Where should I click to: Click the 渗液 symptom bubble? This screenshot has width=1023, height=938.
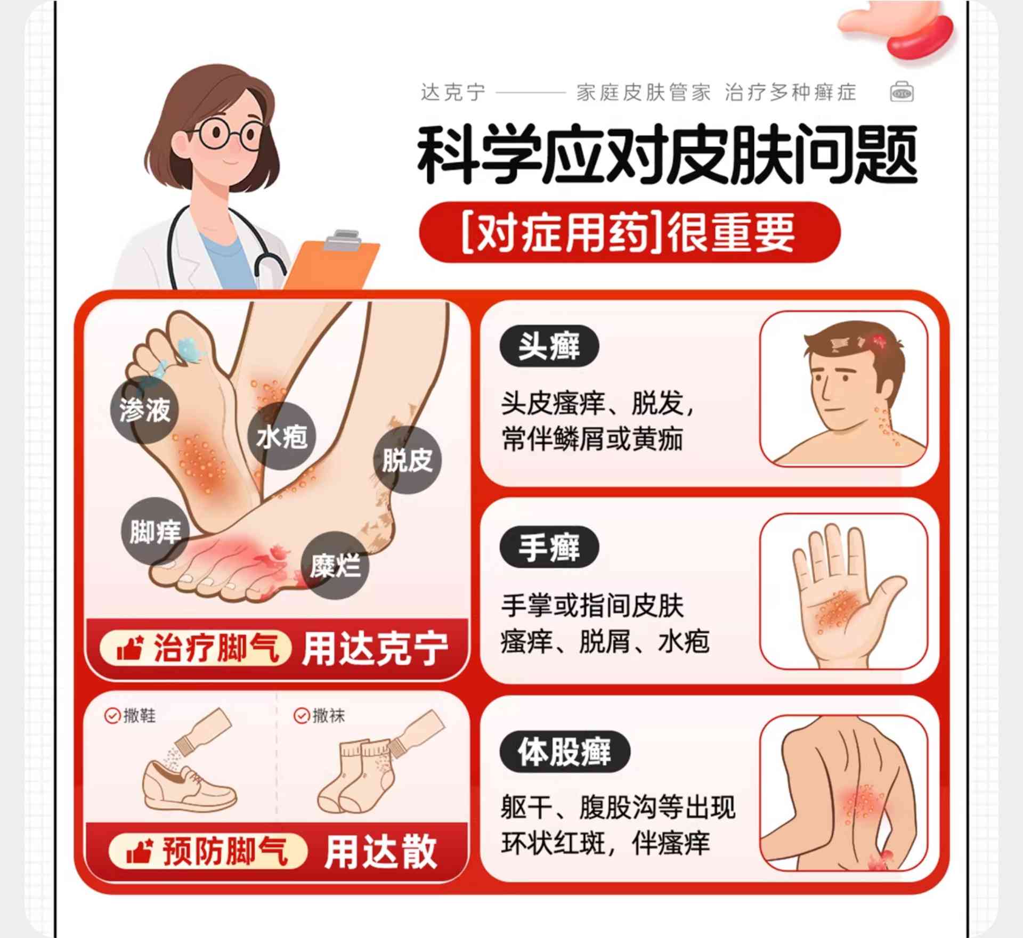pos(144,410)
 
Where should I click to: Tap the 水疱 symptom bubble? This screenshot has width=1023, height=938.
pos(282,436)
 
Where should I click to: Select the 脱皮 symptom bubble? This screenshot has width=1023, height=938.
pos(408,460)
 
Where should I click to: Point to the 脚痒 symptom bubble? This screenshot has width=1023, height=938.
pos(155,531)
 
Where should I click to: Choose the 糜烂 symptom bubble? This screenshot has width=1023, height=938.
pos(335,565)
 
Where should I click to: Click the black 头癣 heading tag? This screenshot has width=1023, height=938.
pos(549,346)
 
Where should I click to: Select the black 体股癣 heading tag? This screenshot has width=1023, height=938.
pos(565,751)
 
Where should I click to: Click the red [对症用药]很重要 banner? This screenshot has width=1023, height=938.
pos(630,232)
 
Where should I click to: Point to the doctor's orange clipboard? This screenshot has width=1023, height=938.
pos(331,261)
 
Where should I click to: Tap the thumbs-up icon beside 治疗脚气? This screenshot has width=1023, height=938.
pos(129,648)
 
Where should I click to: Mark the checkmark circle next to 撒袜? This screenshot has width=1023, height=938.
pos(302,715)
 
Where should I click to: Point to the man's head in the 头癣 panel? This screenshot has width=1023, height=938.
pos(852,373)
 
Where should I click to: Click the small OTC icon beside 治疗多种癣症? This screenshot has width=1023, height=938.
pos(902,92)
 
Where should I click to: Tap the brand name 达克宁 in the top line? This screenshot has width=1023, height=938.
pos(453,93)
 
